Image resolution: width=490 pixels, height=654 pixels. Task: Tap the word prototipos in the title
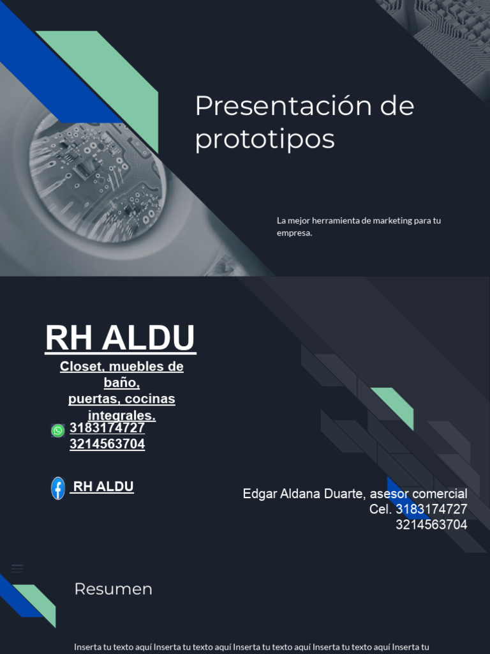click(x=264, y=139)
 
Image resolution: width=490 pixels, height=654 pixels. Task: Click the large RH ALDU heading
click(x=120, y=338)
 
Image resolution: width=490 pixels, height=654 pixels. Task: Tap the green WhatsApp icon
click(x=58, y=430)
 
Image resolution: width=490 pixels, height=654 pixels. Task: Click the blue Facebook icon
click(x=58, y=488)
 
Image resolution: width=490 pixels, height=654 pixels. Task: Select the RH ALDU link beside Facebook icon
click(x=103, y=487)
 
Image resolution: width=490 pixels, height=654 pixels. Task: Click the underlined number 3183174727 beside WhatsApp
click(x=107, y=428)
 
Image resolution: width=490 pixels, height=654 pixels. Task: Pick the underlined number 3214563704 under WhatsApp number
click(x=107, y=444)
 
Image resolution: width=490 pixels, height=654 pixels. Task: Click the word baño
click(x=121, y=383)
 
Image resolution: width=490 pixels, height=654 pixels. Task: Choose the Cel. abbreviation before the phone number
click(x=380, y=509)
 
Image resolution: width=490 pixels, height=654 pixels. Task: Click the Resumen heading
click(x=113, y=589)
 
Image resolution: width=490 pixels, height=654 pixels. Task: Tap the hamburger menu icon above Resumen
click(x=17, y=568)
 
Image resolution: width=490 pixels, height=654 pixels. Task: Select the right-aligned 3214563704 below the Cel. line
click(x=431, y=525)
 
